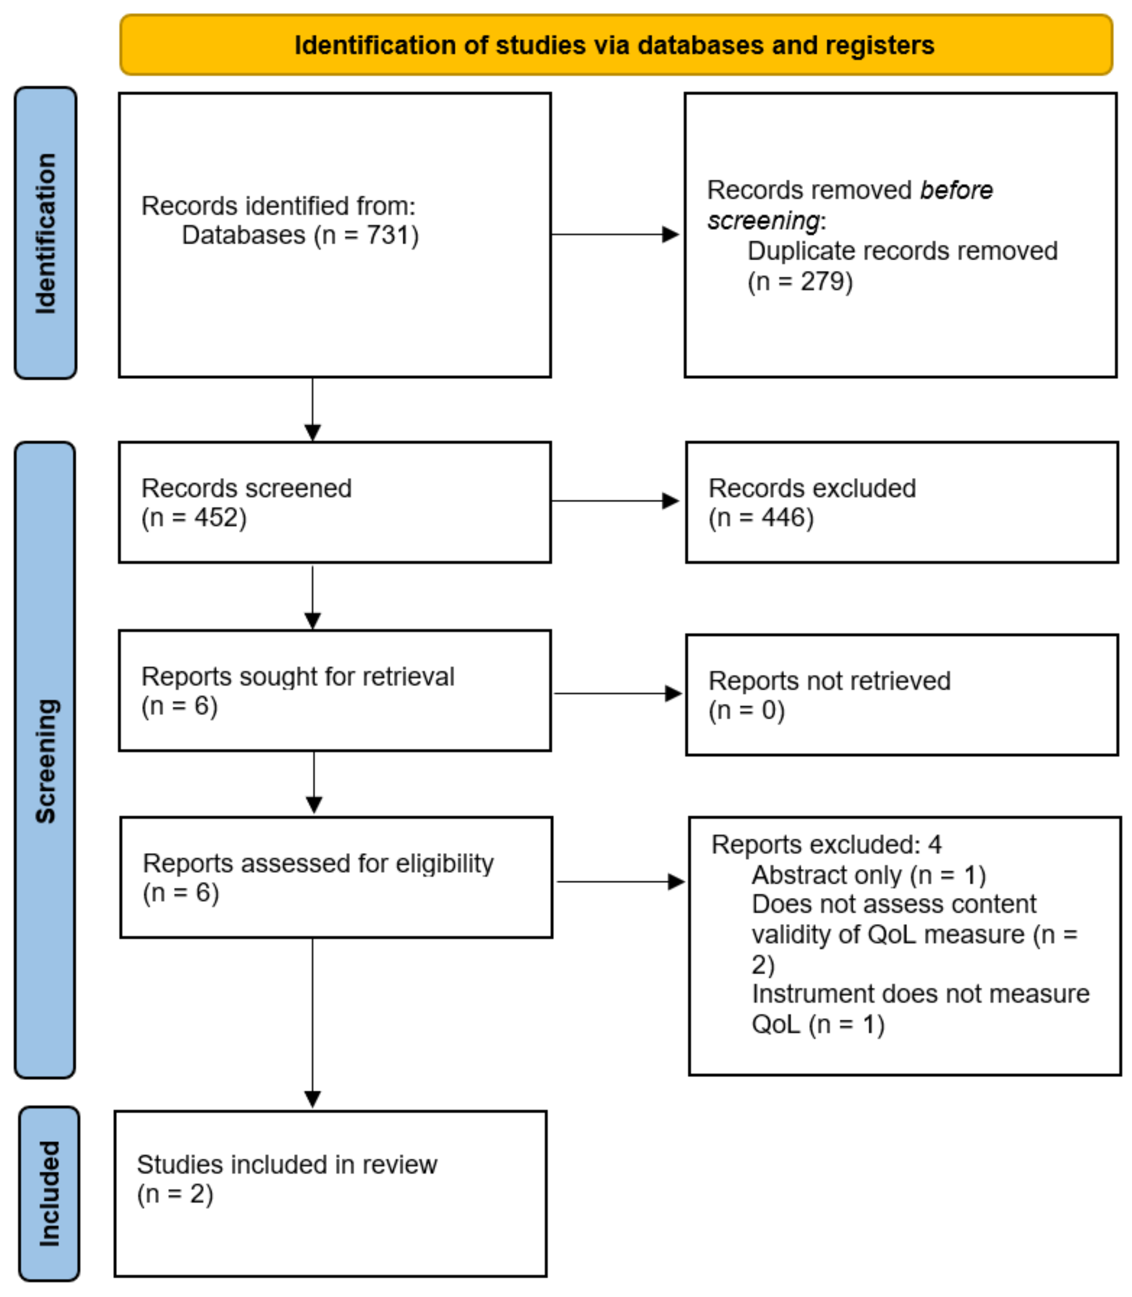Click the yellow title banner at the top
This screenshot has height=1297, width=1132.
click(x=615, y=45)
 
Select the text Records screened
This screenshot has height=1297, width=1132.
click(x=246, y=488)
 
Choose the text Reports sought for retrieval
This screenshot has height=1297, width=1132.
click(x=298, y=676)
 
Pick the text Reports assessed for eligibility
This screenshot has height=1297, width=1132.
click(x=318, y=863)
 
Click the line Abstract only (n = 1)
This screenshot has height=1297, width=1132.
click(x=869, y=875)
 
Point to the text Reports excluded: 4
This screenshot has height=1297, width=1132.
click(x=826, y=844)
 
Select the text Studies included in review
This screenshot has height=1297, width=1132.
click(x=287, y=1164)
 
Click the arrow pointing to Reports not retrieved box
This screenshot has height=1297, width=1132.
click(x=617, y=693)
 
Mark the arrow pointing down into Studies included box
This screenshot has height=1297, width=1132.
click(x=313, y=1024)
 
